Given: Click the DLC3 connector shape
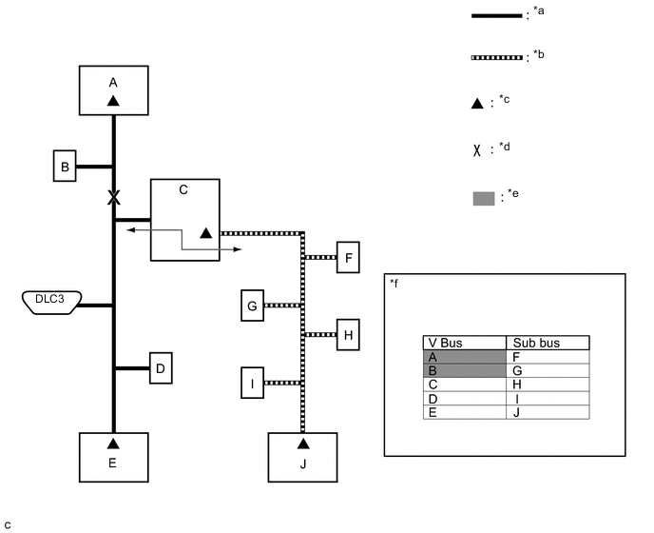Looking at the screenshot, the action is (x=51, y=303).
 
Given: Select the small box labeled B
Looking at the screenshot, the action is (x=65, y=166).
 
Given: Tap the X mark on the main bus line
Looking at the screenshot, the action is (x=113, y=197).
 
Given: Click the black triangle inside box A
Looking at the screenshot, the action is (x=113, y=101).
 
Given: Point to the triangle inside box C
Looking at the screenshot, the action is (x=205, y=233).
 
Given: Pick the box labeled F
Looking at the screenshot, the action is (x=348, y=257).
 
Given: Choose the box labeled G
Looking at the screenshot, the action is (x=252, y=306).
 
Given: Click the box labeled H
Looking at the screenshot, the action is (x=348, y=335).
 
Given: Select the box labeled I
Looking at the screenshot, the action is (x=252, y=383).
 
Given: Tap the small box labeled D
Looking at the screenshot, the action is (x=161, y=368).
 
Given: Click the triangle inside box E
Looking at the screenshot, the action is (x=113, y=444).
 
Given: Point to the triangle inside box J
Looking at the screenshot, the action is (x=303, y=444).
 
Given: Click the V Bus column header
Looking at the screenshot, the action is (x=465, y=343).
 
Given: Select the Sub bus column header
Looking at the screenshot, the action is (x=548, y=343).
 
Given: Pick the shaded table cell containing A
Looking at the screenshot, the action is (x=465, y=357).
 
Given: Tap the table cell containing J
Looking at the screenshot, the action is (x=548, y=412).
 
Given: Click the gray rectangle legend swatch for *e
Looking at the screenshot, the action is (x=484, y=198).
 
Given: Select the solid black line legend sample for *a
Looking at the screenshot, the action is (x=496, y=16).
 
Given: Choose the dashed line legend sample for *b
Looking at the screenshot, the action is (x=496, y=58).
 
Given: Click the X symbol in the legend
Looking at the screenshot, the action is (x=477, y=150).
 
